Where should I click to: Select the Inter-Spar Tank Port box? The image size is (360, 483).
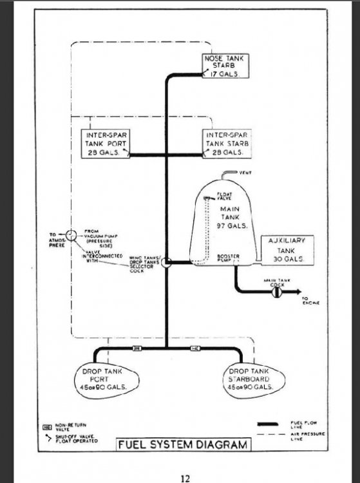pos(104,144)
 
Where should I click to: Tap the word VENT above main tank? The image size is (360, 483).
pos(245,173)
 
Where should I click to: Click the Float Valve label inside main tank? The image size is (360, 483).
pos(224,196)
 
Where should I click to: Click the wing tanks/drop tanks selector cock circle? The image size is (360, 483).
pos(166,263)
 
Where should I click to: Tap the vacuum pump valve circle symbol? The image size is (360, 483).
pos(71,234)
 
